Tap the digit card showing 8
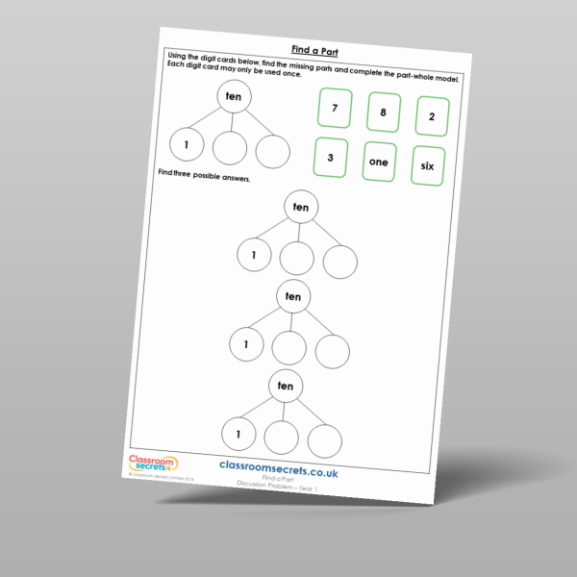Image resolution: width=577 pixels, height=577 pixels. [x=384, y=113]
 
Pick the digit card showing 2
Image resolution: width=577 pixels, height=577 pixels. [x=433, y=116]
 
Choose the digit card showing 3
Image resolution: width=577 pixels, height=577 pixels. [x=330, y=157]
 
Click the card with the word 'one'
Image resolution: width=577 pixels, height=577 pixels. [x=378, y=162]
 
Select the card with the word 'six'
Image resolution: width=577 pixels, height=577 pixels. [x=427, y=165]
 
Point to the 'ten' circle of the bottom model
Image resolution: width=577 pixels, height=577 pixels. [x=285, y=386]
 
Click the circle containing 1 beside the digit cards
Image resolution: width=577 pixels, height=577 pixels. [x=187, y=144]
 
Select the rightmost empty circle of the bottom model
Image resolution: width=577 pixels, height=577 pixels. [x=325, y=440]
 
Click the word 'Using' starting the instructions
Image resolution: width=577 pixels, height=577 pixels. [x=180, y=57]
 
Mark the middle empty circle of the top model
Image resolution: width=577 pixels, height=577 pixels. [x=230, y=148]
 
